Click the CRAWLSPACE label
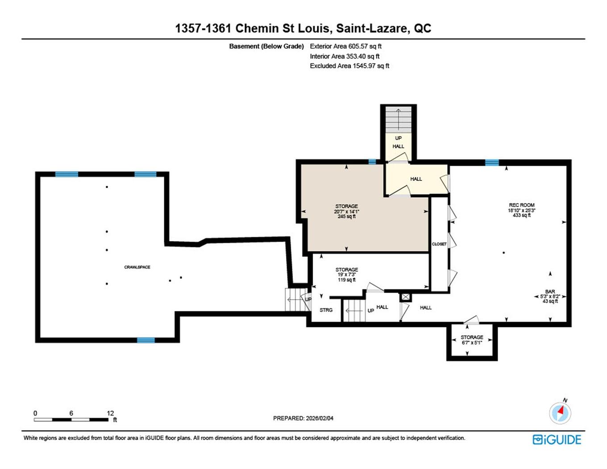(x=137, y=267)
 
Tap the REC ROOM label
(x=521, y=205)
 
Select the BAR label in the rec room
(x=550, y=292)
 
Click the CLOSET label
(x=439, y=244)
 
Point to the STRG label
(x=326, y=310)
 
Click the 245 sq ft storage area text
(x=346, y=217)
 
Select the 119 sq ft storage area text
(x=346, y=280)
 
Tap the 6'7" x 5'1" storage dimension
(x=472, y=343)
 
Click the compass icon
(x=560, y=413)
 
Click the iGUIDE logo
(x=557, y=440)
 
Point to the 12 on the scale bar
(x=110, y=413)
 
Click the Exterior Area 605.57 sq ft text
(x=345, y=46)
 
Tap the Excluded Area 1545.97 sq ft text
(x=349, y=66)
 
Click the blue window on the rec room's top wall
(x=491, y=163)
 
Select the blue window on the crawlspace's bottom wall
(x=146, y=340)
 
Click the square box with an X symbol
(x=405, y=297)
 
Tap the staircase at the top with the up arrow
(x=398, y=120)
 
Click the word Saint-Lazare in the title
(x=372, y=28)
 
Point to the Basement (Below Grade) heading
(x=266, y=46)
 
